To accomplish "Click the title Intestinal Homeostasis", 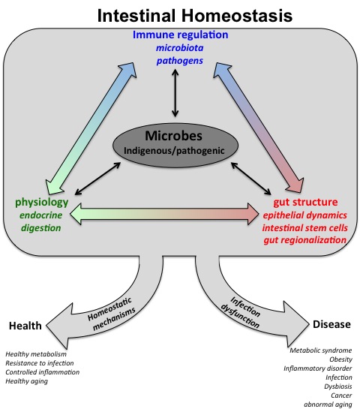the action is click(x=195, y=16).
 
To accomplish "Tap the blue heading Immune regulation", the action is click(x=181, y=35).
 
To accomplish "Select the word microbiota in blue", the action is click(x=180, y=48).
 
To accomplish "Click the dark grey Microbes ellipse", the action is click(x=175, y=145).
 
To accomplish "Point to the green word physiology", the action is click(x=42, y=203).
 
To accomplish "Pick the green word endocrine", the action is click(x=41, y=215).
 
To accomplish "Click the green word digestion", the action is click(x=41, y=227).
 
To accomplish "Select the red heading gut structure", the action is click(x=306, y=202).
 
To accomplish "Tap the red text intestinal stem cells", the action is click(x=304, y=227).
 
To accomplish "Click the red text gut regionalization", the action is click(x=304, y=240).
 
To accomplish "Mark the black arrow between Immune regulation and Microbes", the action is click(x=175, y=93).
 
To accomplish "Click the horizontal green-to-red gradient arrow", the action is click(x=164, y=214).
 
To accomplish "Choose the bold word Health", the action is click(x=25, y=326).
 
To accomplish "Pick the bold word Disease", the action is click(x=331, y=324).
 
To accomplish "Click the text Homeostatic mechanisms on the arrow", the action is click(x=112, y=314).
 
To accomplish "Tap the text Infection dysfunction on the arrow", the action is click(x=241, y=312).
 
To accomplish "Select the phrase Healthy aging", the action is click(x=26, y=381).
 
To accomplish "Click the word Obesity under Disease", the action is click(x=340, y=359).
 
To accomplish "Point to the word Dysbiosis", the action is click(x=338, y=386).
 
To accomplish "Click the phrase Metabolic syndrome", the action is click(x=321, y=350).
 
